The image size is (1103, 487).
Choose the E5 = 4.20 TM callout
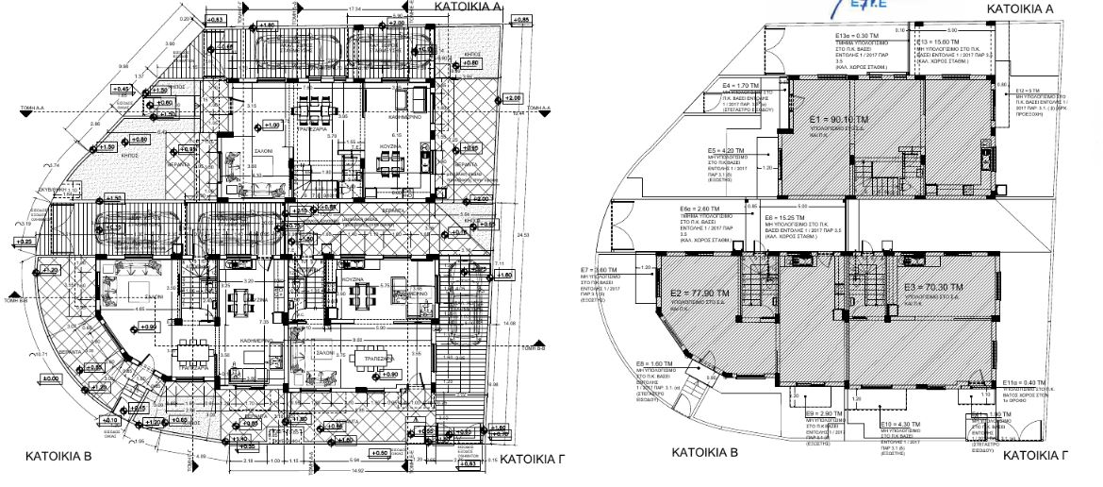(x=727, y=150)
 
